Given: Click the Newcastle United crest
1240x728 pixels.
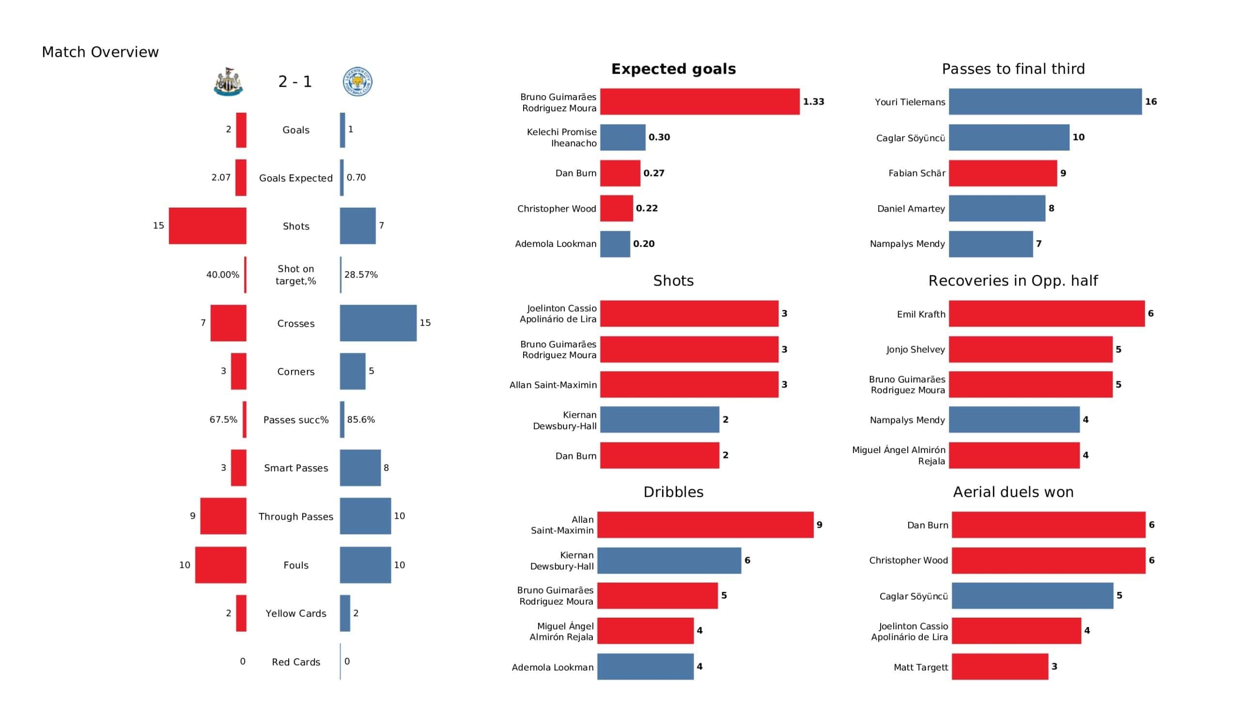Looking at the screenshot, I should [x=228, y=82].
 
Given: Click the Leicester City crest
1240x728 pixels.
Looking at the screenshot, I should [x=357, y=82].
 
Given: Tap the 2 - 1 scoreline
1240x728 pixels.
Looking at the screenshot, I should [x=295, y=82].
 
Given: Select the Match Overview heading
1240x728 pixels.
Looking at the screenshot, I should [x=100, y=52].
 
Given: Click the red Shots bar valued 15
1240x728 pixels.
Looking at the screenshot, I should [x=207, y=226].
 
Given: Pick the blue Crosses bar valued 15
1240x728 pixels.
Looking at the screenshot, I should [x=378, y=323].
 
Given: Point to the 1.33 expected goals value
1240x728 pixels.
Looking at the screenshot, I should [x=813, y=102].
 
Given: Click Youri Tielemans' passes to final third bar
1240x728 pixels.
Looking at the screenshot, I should [x=1045, y=102].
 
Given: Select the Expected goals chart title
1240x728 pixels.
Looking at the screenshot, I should [x=673, y=69].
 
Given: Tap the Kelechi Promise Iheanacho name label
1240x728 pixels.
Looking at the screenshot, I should [x=561, y=138].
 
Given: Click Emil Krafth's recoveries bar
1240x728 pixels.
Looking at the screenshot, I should [x=1046, y=314].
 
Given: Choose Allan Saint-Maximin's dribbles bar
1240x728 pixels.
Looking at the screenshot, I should [x=705, y=525].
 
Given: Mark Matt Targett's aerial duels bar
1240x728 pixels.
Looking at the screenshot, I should [x=999, y=667].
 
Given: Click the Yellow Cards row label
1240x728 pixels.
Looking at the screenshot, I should [x=296, y=613].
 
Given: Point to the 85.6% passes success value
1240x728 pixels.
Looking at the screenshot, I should [x=361, y=420].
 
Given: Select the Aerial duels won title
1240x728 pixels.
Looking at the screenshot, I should [x=1013, y=492].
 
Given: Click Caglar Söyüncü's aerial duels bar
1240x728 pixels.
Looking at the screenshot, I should [x=1032, y=596].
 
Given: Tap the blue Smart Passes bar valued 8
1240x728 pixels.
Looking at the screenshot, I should [x=360, y=468].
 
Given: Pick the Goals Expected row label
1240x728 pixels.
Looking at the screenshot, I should [x=296, y=178].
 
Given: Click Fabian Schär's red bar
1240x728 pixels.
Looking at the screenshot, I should [x=1002, y=173].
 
